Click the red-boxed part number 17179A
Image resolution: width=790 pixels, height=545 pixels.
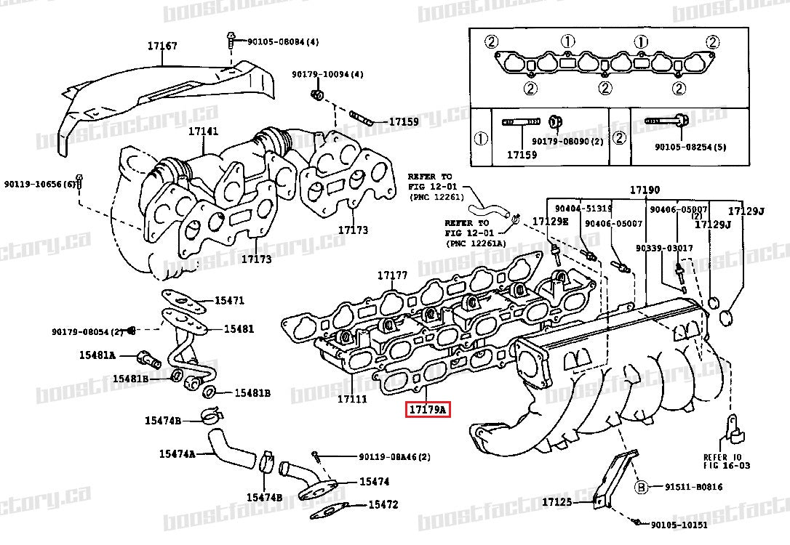point(428,411)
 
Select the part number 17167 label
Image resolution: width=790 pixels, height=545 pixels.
point(162,46)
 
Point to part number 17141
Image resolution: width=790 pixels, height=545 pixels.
point(203,132)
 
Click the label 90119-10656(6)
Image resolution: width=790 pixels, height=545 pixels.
point(39,184)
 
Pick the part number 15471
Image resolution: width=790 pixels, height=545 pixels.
point(229,301)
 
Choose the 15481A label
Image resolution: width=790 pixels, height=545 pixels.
point(97,355)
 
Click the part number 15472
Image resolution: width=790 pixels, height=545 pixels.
point(383,504)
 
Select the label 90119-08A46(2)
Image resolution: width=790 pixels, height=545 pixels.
point(394,457)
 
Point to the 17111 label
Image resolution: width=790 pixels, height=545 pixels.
point(352,400)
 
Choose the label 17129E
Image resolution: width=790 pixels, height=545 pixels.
point(550,221)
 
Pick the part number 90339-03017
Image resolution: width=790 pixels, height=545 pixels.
point(664,249)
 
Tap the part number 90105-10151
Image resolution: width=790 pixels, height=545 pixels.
point(678,525)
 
